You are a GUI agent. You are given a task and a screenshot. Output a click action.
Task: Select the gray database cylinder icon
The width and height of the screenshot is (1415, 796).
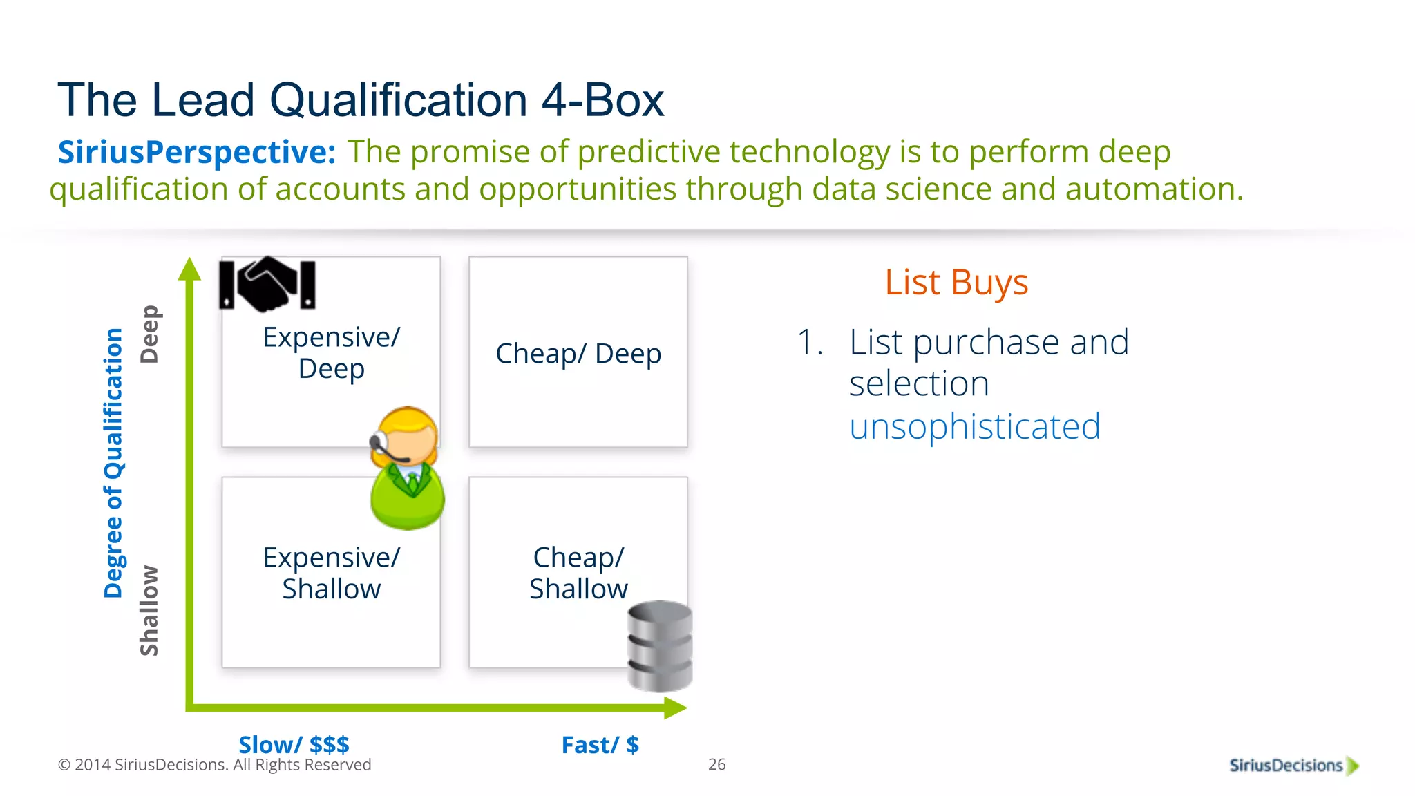point(660,646)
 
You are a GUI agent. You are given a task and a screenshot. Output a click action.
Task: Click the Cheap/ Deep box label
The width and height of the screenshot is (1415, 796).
point(578,354)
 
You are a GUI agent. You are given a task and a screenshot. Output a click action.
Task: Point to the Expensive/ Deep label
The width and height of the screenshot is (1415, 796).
point(331,352)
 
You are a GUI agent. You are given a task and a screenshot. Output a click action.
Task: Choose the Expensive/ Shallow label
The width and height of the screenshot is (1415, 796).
point(331,573)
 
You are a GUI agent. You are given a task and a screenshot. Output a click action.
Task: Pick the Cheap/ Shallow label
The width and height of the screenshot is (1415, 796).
point(578,573)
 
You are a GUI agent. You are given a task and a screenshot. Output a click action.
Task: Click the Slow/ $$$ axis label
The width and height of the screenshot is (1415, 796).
point(294,745)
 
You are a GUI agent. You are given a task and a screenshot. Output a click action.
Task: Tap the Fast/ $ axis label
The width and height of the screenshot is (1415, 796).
point(600,745)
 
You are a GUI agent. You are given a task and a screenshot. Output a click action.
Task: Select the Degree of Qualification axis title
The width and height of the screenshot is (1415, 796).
point(113,462)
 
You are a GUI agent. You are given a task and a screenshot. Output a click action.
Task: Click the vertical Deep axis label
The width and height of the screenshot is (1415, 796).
point(149,334)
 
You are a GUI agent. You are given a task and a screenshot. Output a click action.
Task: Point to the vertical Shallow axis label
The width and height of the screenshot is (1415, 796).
point(149,611)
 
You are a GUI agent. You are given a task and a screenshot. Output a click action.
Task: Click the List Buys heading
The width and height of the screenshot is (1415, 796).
point(956,283)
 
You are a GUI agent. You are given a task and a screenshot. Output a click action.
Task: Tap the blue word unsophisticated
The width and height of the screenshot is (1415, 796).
point(974,426)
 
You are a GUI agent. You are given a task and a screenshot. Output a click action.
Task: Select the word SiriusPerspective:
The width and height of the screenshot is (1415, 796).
point(196,152)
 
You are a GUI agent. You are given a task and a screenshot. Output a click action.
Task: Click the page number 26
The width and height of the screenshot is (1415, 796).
point(716,764)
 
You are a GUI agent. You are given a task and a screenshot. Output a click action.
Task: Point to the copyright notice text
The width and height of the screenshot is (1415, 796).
point(214,765)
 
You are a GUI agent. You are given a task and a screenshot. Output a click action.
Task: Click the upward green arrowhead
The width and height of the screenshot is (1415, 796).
point(189,269)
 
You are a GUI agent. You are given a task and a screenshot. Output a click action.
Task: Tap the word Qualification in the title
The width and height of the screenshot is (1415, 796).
point(399,100)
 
